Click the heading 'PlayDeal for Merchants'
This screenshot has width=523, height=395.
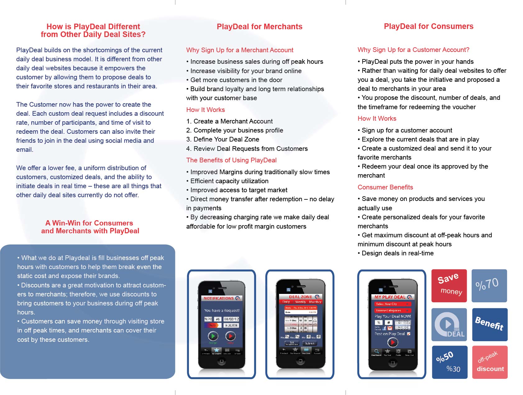pyautogui.click(x=259, y=27)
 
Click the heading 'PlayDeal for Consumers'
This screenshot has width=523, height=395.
pyautogui.click(x=429, y=26)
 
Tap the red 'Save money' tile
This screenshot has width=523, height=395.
pyautogui.click(x=449, y=286)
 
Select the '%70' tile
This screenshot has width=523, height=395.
pyautogui.click(x=489, y=286)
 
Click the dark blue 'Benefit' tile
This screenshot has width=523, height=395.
pyautogui.click(x=490, y=324)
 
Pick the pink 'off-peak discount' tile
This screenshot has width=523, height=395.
pyautogui.click(x=490, y=362)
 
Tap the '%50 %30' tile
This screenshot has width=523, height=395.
pyautogui.click(x=450, y=362)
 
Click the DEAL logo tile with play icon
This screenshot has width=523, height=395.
pyautogui.click(x=449, y=324)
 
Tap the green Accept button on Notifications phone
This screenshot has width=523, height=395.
pyautogui.click(x=213, y=336)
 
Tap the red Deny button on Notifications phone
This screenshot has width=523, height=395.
pyautogui.click(x=230, y=336)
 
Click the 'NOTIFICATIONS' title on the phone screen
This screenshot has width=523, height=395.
pyautogui.click(x=219, y=298)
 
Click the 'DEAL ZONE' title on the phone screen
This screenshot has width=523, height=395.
pyautogui.click(x=300, y=297)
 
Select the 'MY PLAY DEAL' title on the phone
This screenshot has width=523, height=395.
pyautogui.click(x=390, y=297)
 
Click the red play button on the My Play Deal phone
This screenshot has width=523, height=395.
pyautogui.click(x=392, y=342)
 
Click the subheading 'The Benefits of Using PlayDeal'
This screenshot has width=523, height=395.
pyautogui.click(x=231, y=160)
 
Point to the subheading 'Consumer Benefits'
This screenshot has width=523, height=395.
pyautogui.click(x=385, y=187)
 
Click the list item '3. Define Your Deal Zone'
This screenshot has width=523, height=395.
pyautogui.click(x=223, y=139)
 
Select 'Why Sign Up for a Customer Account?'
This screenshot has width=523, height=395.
pyautogui.click(x=413, y=50)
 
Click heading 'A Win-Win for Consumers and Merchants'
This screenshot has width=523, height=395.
pyautogui.click(x=90, y=227)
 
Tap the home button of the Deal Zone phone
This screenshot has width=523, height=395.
pyautogui.click(x=300, y=361)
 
